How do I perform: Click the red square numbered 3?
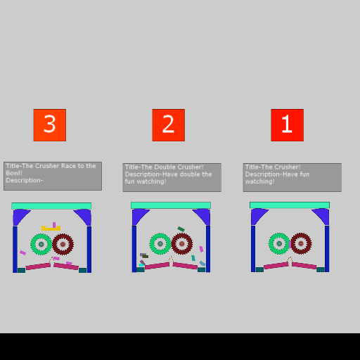tap(50, 125)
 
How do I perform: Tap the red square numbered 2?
tap(169, 125)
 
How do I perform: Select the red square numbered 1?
tap(288, 125)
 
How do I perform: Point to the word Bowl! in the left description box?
tap(14, 173)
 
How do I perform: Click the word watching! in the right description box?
tap(259, 181)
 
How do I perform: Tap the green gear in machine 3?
tap(41, 244)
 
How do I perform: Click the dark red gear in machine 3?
tap(63, 244)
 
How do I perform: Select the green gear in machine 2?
tap(160, 243)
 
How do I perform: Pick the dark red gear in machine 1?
tap(301, 243)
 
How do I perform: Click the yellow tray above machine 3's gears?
tap(51, 229)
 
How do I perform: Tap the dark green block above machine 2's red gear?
tap(181, 229)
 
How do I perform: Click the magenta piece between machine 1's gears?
tap(290, 245)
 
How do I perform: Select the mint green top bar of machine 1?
tap(290, 205)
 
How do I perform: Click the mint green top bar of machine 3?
tap(51, 206)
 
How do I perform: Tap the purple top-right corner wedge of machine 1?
tap(322, 215)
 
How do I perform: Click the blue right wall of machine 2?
tap(208, 249)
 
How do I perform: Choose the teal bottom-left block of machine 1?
tap(259, 269)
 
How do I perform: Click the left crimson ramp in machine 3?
tap(38, 266)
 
